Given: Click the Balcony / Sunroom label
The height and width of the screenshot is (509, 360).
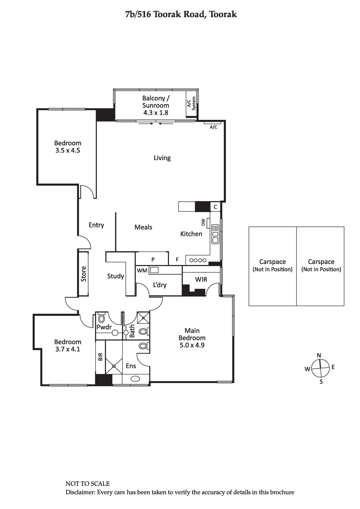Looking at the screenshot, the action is (x=156, y=102).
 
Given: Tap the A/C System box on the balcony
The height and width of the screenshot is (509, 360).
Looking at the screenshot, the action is (x=192, y=104).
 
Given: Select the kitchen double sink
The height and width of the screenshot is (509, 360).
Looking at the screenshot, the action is (x=215, y=234).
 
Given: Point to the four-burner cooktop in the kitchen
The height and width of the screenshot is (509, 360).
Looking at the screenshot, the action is (x=198, y=261).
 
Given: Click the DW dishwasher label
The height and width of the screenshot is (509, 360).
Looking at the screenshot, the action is (x=203, y=222).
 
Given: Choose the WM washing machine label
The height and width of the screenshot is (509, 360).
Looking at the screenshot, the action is (x=142, y=271).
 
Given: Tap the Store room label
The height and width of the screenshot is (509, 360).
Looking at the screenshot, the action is (x=83, y=274).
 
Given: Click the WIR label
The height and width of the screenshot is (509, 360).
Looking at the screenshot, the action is (x=201, y=280).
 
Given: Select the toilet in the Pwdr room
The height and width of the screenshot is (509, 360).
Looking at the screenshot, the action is (x=102, y=318).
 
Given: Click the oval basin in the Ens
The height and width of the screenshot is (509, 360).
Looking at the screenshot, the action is (x=135, y=379).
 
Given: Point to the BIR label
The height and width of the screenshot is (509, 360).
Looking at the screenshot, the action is (x=100, y=357).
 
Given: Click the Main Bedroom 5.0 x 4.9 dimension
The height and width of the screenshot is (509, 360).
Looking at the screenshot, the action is (x=192, y=345).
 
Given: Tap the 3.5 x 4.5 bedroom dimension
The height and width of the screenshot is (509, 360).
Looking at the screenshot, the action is (x=68, y=150).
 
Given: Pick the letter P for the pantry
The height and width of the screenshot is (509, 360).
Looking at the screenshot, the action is (x=153, y=259).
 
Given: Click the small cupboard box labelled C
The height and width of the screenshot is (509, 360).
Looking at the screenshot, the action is (x=215, y=207).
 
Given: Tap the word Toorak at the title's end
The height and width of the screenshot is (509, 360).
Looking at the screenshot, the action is (x=222, y=15).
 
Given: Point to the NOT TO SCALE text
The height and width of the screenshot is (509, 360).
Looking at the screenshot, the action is (x=88, y=484).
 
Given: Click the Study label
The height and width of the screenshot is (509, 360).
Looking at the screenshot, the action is (x=116, y=276).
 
